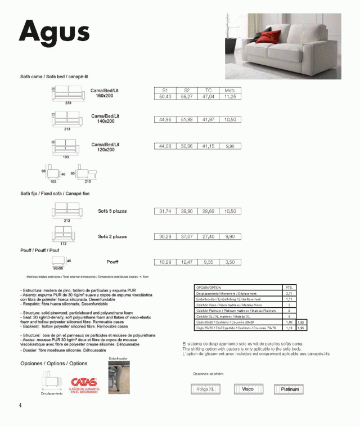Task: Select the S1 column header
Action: click(x=165, y=91)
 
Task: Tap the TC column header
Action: click(x=208, y=91)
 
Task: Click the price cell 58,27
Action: click(x=187, y=97)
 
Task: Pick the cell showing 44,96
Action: click(x=165, y=120)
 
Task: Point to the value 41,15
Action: click(x=208, y=146)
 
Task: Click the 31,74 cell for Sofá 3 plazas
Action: click(x=165, y=211)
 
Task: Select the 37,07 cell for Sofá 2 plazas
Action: click(x=187, y=236)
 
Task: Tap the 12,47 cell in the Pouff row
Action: click(x=187, y=262)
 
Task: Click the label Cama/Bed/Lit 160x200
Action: click(x=105, y=93)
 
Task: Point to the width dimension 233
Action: click(x=68, y=104)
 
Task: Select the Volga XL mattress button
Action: click(x=205, y=389)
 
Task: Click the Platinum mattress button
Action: click(x=290, y=389)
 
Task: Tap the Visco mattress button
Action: click(x=247, y=389)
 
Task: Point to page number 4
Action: click(x=20, y=406)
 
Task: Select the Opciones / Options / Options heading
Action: click(x=53, y=364)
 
